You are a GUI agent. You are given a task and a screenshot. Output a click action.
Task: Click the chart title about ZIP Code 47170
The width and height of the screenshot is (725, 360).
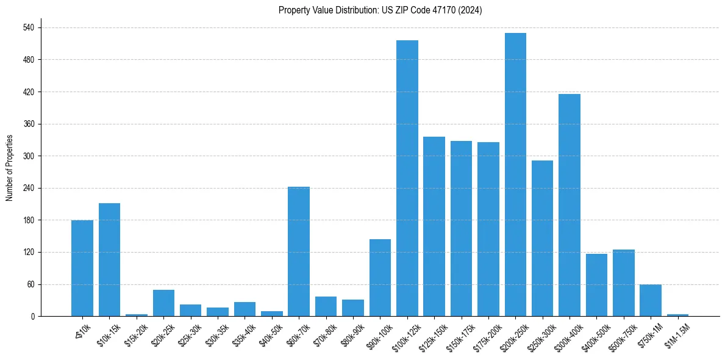coord(380,10)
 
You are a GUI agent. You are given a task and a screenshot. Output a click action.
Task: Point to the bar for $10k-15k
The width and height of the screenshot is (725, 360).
coord(109,259)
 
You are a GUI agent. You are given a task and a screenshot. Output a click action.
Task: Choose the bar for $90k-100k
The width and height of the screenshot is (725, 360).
coord(380,278)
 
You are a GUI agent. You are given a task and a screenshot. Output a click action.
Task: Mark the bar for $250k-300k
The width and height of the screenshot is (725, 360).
coord(542,238)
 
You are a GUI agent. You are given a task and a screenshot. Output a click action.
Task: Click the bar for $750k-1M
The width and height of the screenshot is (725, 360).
coord(651,300)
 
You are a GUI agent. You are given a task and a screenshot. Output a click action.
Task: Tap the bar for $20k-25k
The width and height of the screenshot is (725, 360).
coord(163,303)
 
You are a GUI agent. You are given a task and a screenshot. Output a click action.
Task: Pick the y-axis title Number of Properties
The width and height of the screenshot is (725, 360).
coord(10,168)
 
